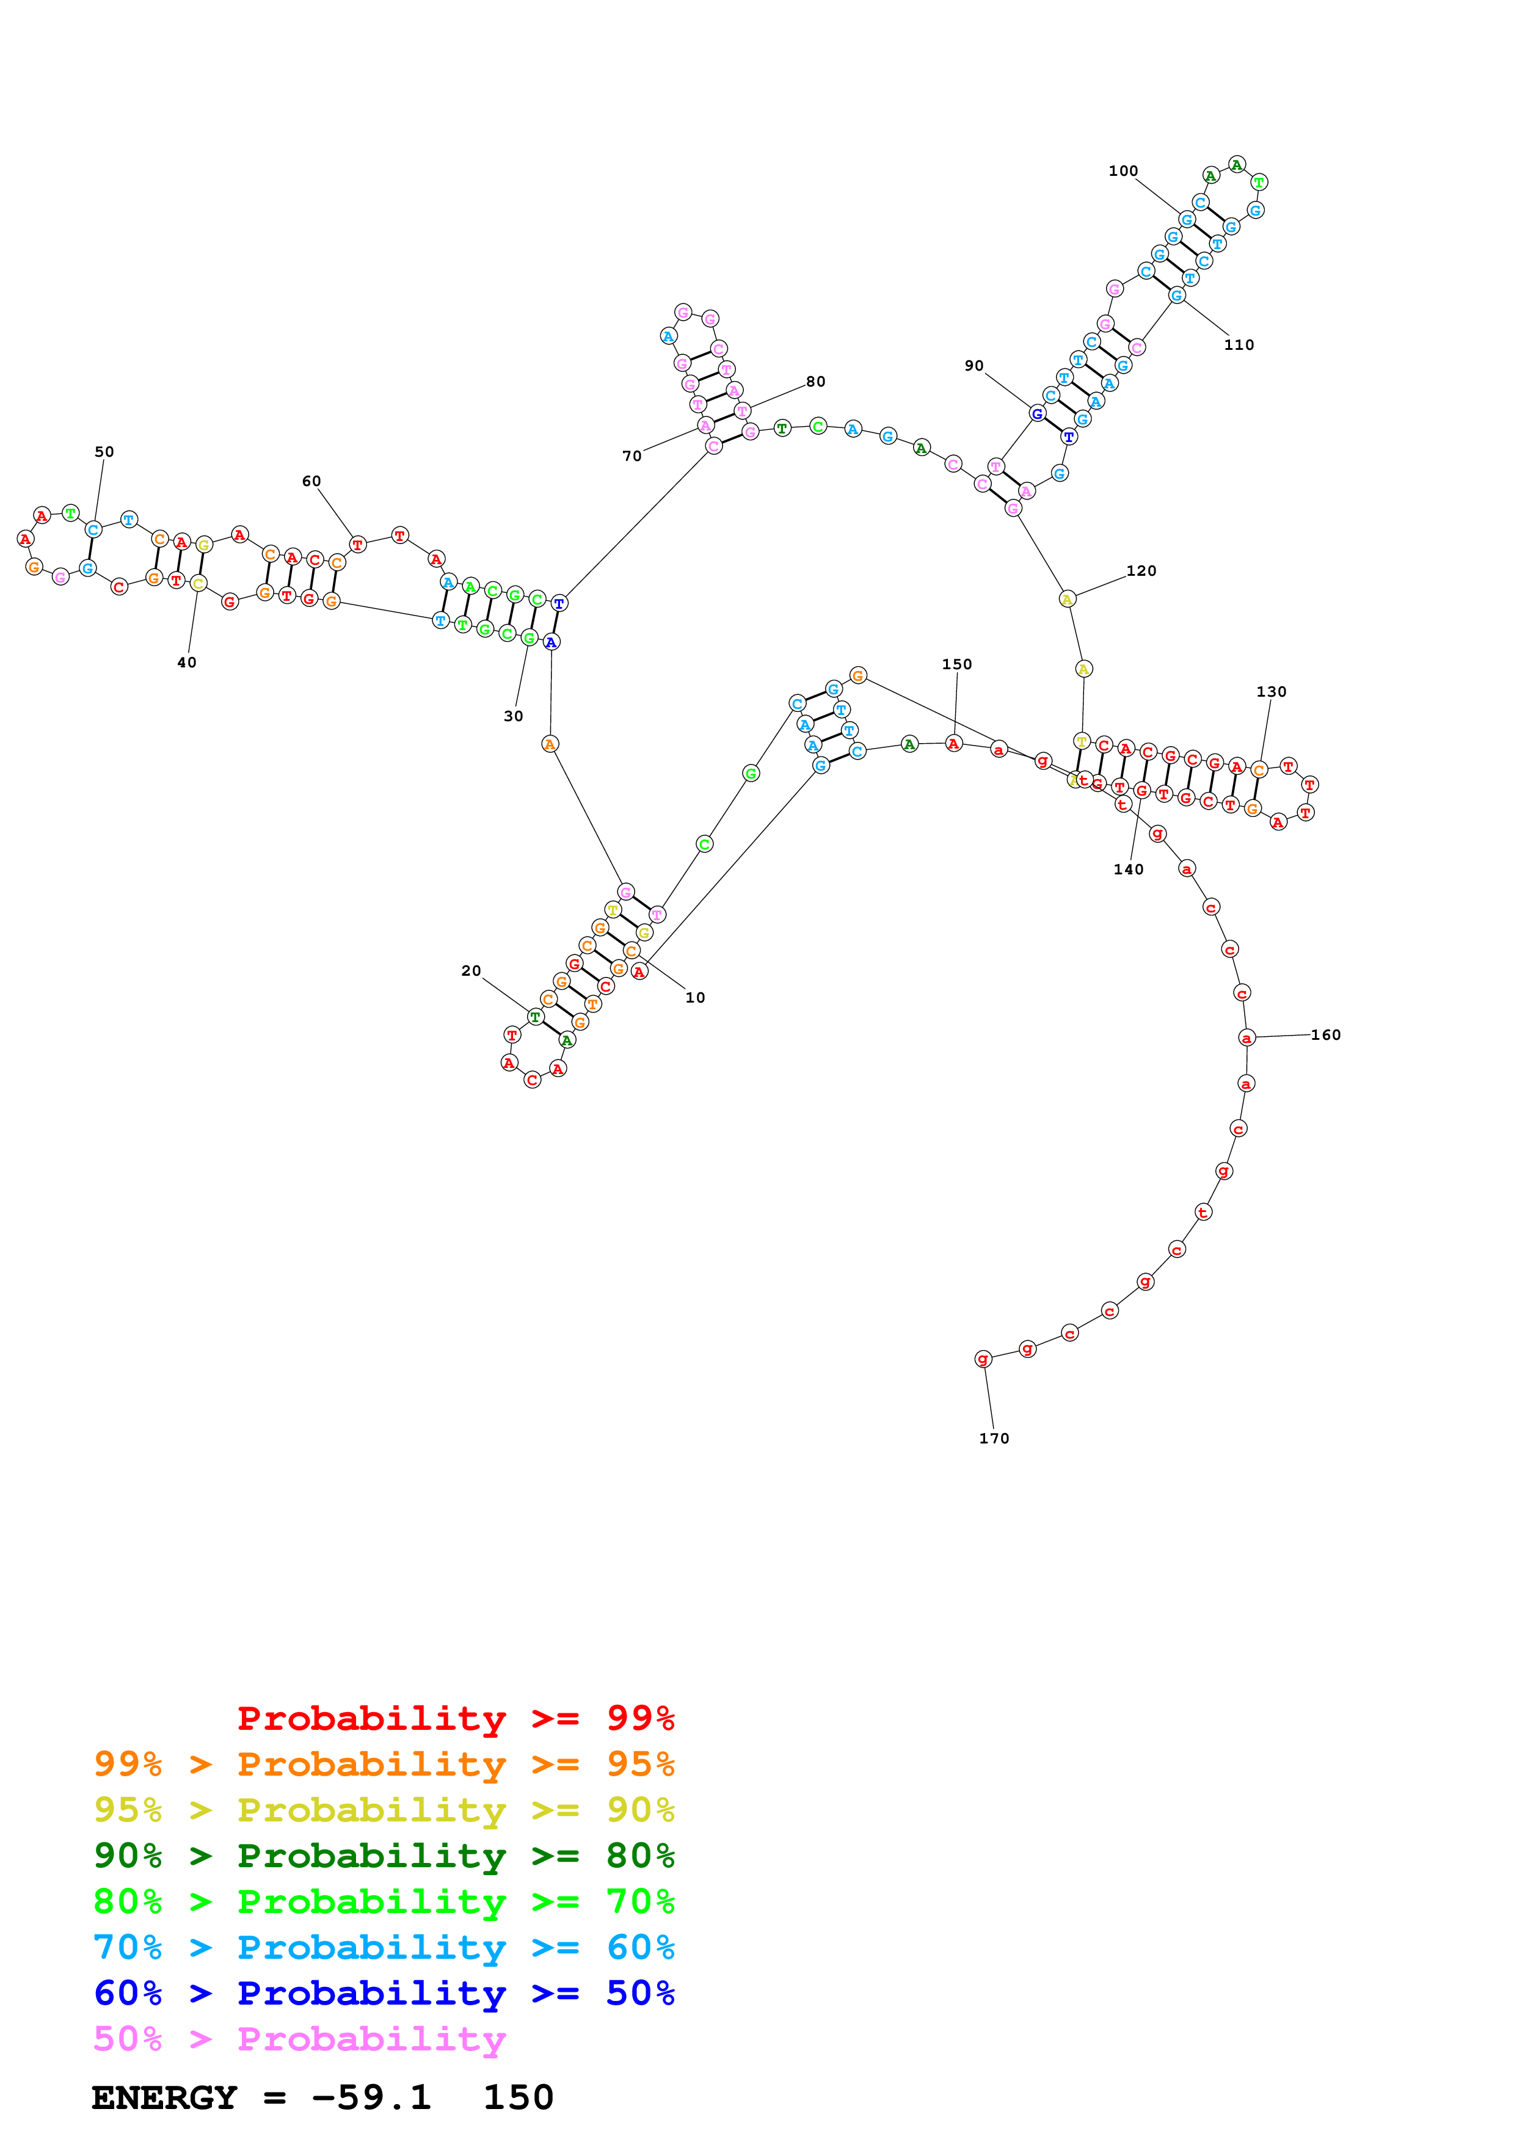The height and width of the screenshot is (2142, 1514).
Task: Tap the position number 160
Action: click(1325, 1034)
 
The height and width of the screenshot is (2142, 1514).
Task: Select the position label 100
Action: click(1123, 171)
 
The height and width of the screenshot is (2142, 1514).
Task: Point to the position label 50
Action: click(104, 451)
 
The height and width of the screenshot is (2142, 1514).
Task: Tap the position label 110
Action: click(1239, 344)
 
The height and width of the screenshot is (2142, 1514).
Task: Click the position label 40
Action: click(186, 663)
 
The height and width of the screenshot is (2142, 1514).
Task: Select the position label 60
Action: click(311, 481)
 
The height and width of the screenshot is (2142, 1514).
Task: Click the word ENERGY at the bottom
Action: click(164, 2097)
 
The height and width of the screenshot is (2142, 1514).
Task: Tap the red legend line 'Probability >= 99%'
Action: click(455, 1718)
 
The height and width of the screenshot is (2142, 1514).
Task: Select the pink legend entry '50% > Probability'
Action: click(299, 2038)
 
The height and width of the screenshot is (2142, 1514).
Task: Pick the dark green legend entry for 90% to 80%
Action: click(384, 1856)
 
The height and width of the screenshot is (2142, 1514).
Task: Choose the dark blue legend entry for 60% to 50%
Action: click(384, 1993)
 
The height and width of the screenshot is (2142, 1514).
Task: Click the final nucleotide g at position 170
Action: click(982, 1359)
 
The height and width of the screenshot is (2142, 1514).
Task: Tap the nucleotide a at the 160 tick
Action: click(1247, 1037)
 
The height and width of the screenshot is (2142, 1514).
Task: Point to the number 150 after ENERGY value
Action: click(518, 2097)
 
